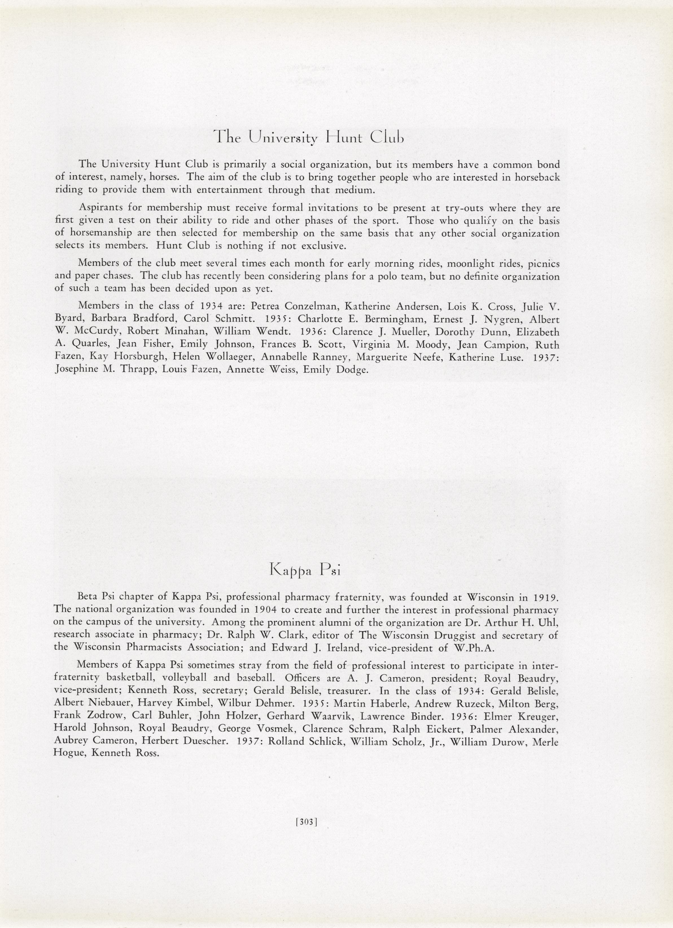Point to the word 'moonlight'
[x=472, y=263]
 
